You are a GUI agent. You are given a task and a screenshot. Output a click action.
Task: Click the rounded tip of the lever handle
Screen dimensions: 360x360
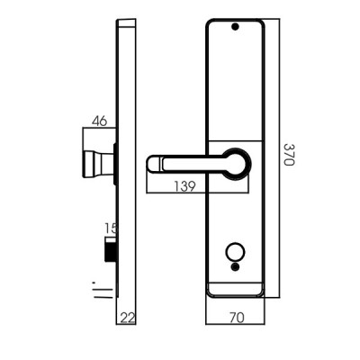tap(153, 164)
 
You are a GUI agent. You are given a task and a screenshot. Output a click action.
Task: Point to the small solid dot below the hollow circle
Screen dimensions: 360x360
tap(237, 265)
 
